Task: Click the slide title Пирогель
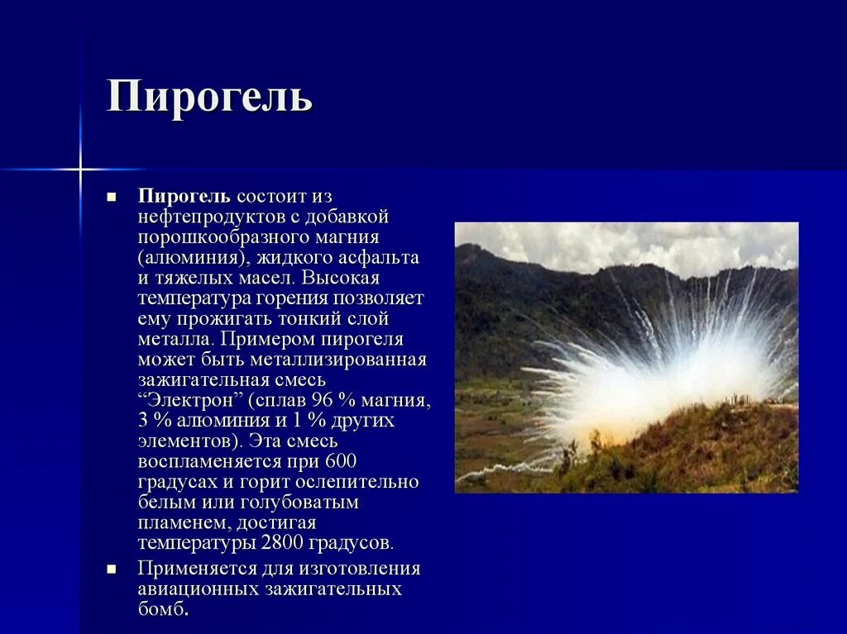(x=209, y=98)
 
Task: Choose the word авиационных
(x=198, y=589)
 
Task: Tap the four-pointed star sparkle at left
(x=80, y=169)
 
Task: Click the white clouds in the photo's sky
(x=629, y=244)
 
